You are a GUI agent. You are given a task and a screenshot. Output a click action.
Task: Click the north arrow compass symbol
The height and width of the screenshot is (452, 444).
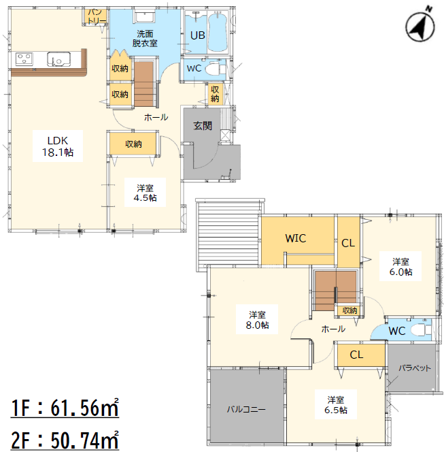(x=420, y=27)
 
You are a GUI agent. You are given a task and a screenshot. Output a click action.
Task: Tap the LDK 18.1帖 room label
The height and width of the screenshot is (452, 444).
(x=58, y=146)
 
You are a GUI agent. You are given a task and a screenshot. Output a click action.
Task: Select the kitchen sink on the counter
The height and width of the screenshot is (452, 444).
(x=58, y=59)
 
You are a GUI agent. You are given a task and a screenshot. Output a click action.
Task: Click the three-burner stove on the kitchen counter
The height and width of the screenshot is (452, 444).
(x=24, y=59)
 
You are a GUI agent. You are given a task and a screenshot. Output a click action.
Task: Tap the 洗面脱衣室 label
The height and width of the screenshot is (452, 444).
(x=145, y=39)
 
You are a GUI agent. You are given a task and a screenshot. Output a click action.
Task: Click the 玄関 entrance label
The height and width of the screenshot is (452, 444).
(x=203, y=126)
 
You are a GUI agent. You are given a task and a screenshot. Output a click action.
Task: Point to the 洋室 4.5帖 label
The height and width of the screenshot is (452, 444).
(x=145, y=193)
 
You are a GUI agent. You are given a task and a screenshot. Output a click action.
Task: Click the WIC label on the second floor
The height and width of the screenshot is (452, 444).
(x=295, y=238)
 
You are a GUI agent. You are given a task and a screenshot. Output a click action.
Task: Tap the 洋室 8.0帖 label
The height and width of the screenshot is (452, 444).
(x=257, y=320)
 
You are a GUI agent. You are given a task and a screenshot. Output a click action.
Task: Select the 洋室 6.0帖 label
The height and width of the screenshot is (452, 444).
(x=400, y=267)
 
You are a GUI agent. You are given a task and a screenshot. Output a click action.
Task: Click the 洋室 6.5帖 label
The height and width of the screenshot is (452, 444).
(x=336, y=405)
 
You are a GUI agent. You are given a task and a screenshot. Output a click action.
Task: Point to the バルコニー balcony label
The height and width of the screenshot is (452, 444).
(x=246, y=409)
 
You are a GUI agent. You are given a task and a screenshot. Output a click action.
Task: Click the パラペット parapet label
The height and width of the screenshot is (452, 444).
(x=415, y=368)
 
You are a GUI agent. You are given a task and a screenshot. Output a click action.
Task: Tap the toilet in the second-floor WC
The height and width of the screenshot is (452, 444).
(x=421, y=329)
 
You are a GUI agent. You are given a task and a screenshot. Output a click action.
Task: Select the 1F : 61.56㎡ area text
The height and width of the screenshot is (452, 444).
(x=65, y=408)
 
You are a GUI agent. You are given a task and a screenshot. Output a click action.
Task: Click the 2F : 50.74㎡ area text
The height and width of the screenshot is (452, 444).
(x=65, y=440)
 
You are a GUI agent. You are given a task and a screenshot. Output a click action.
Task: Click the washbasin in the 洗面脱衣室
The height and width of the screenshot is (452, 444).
(x=145, y=17)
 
